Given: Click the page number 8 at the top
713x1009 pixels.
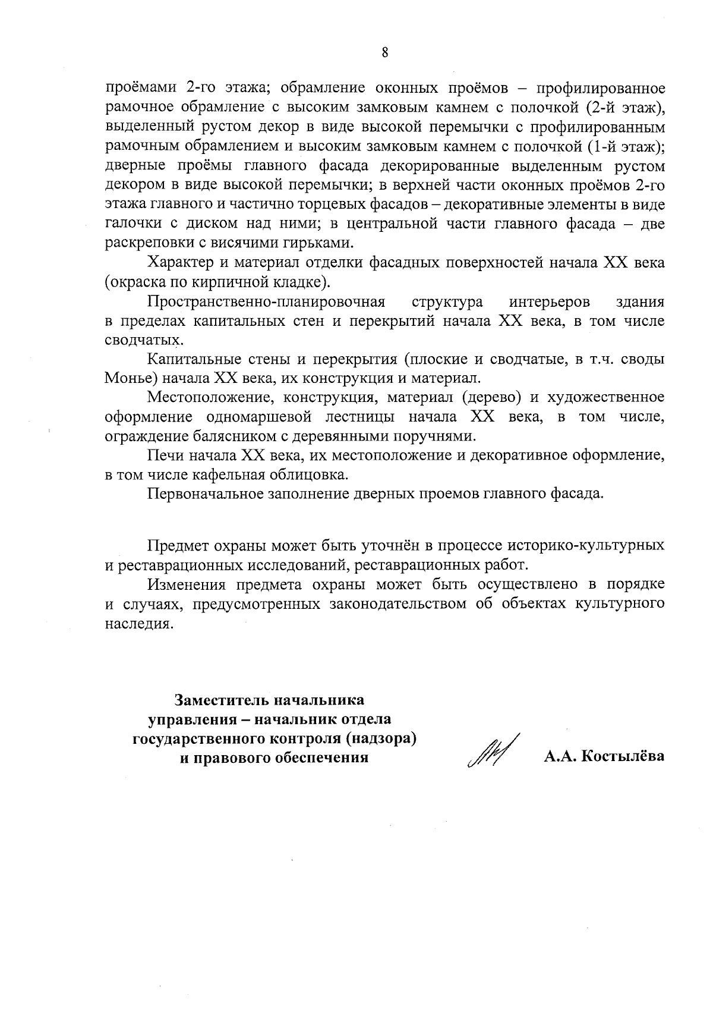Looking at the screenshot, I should (384, 52).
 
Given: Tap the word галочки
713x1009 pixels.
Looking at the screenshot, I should (128, 224).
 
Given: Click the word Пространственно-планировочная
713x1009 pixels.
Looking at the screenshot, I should (267, 302).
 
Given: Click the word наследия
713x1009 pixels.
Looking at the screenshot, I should (140, 624).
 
